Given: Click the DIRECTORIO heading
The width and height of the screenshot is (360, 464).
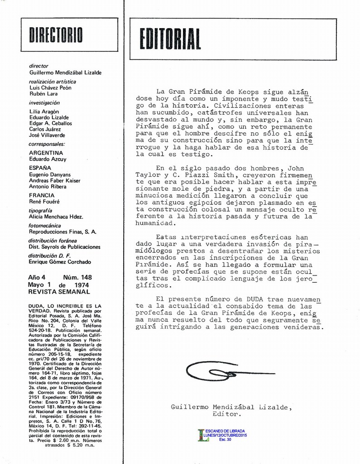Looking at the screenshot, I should point(56,35).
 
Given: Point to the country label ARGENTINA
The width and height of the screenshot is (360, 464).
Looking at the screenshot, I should point(46,153).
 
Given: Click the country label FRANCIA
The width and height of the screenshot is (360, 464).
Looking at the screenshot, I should point(42,195).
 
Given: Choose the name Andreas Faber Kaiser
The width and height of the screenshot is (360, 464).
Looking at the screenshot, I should point(54,180).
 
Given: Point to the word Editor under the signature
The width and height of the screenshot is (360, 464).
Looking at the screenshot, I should point(226,414).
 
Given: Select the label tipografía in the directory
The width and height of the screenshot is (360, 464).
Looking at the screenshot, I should point(40,211).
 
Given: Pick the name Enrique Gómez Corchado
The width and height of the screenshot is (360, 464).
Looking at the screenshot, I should point(60,262).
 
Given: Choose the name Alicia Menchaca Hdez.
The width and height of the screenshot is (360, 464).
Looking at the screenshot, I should point(56,217).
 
